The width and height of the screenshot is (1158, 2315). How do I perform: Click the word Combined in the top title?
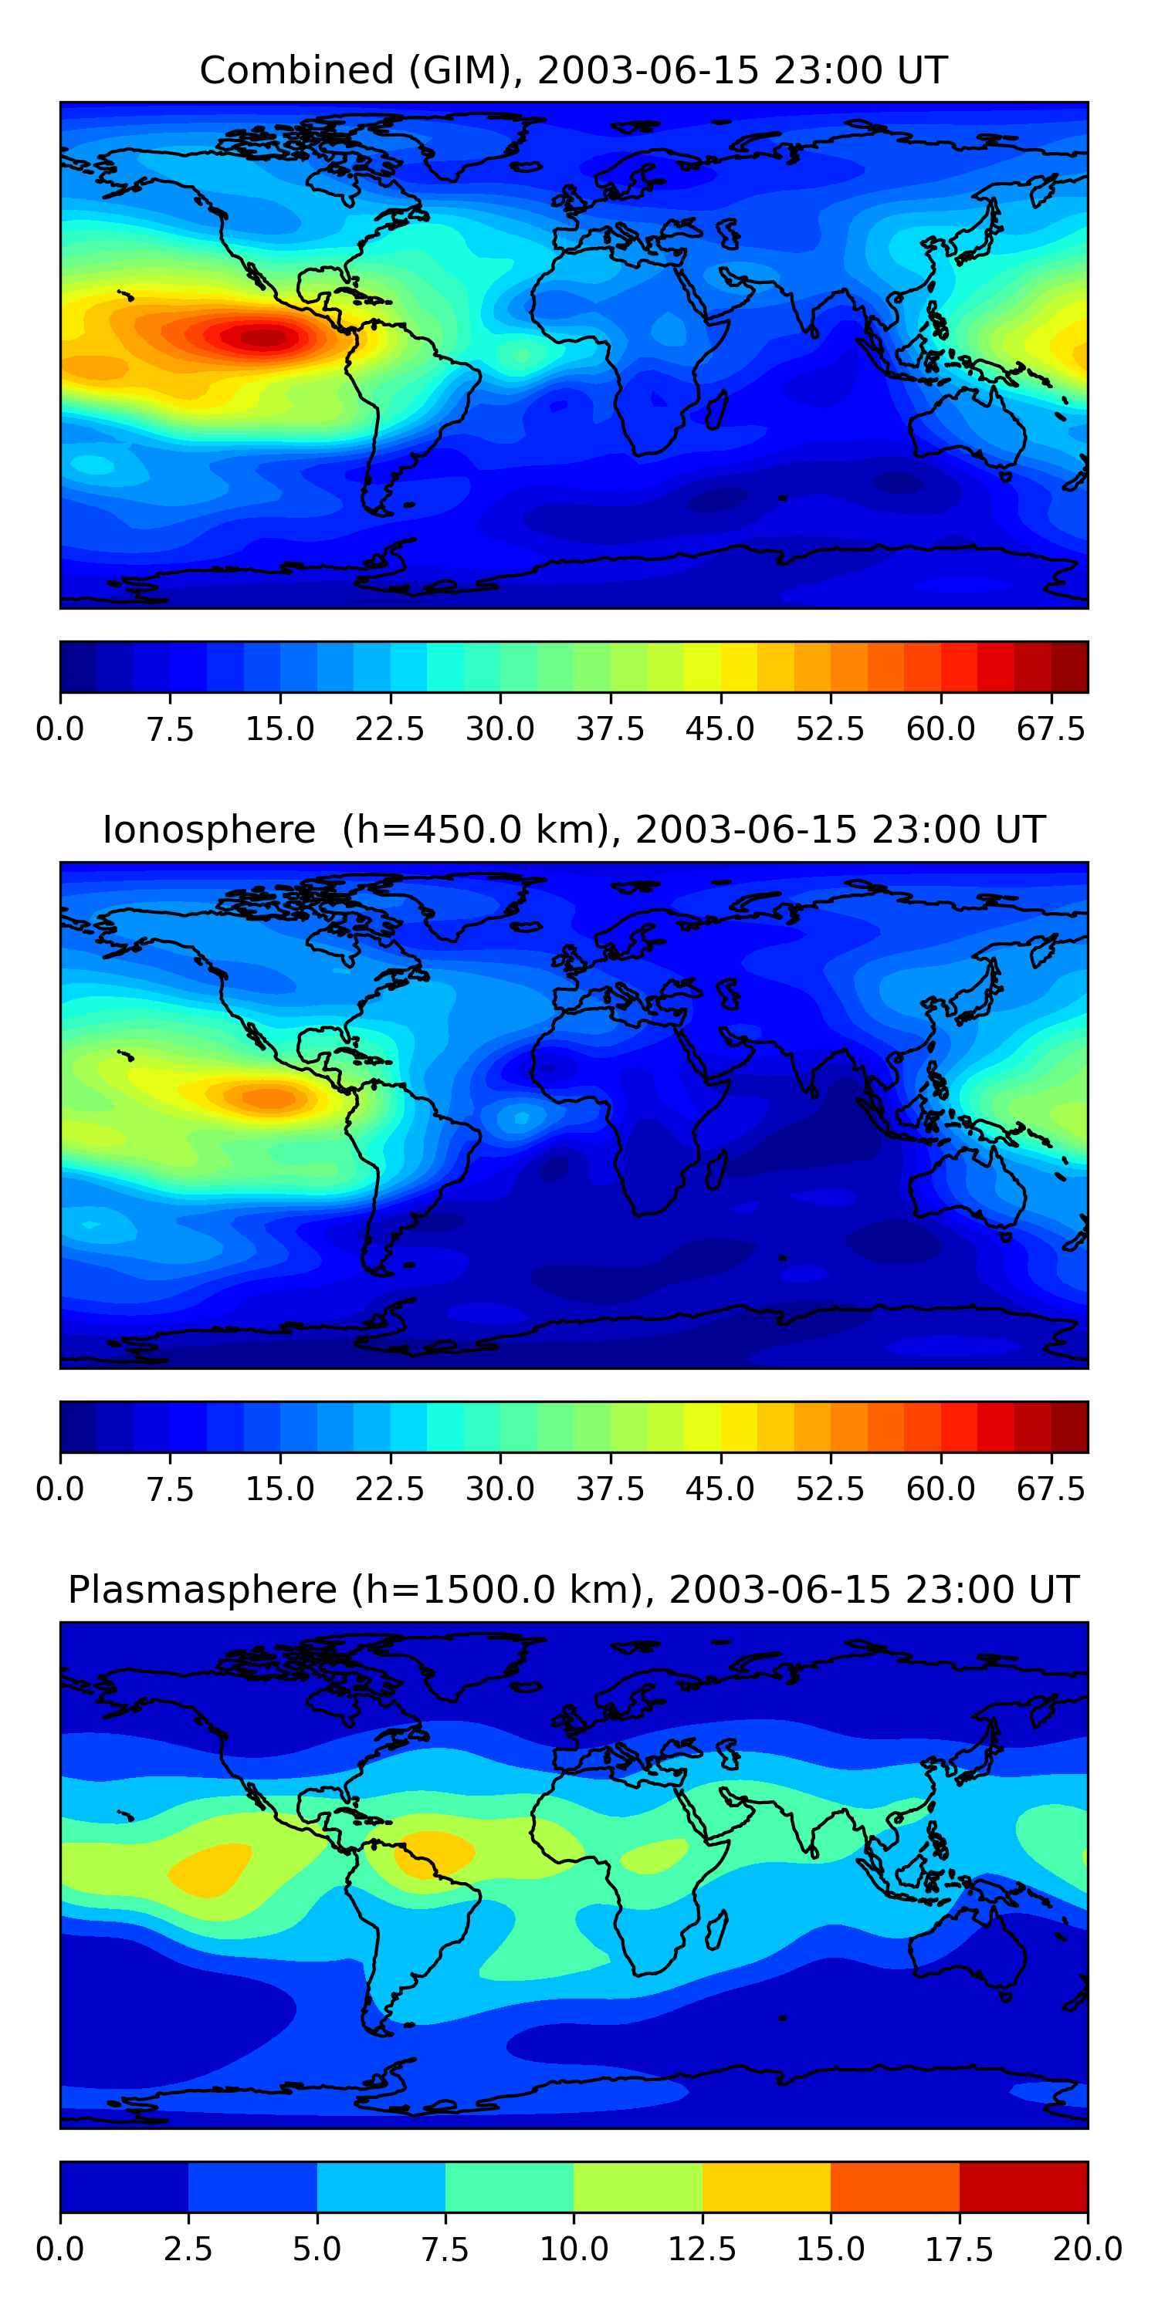[296, 70]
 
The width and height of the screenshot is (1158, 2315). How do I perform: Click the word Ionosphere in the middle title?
[208, 830]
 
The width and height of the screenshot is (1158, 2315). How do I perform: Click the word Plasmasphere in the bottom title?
[202, 1590]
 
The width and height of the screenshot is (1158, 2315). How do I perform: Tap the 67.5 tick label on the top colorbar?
[1051, 728]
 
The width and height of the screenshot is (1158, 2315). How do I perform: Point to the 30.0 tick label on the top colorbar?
[500, 728]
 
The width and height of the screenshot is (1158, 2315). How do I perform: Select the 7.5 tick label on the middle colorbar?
[170, 1489]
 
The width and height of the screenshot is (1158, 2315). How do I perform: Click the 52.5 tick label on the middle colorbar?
[830, 1489]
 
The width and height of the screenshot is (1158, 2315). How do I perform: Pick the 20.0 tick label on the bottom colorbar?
[1087, 2249]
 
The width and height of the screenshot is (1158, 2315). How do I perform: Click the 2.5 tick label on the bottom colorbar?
[188, 2249]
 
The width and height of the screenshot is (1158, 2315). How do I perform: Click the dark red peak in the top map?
[262, 338]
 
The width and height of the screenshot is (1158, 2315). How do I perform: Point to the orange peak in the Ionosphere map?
[268, 1097]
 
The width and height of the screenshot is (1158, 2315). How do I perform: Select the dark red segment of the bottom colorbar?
[1023, 2186]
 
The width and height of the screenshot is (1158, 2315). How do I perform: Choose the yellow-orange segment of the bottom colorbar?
[766, 2186]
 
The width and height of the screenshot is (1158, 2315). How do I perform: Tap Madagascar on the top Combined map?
[717, 410]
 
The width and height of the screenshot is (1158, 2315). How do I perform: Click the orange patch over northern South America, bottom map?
[434, 1853]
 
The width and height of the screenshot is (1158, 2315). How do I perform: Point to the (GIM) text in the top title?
[461, 70]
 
